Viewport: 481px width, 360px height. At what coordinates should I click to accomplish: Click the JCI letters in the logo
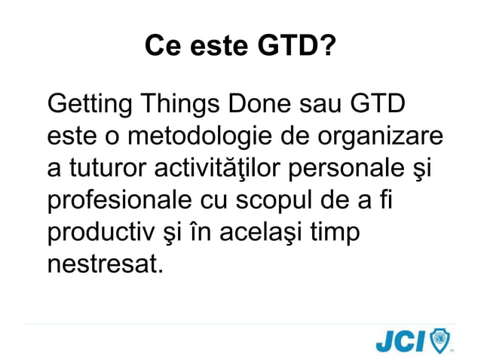[x=400, y=341]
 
